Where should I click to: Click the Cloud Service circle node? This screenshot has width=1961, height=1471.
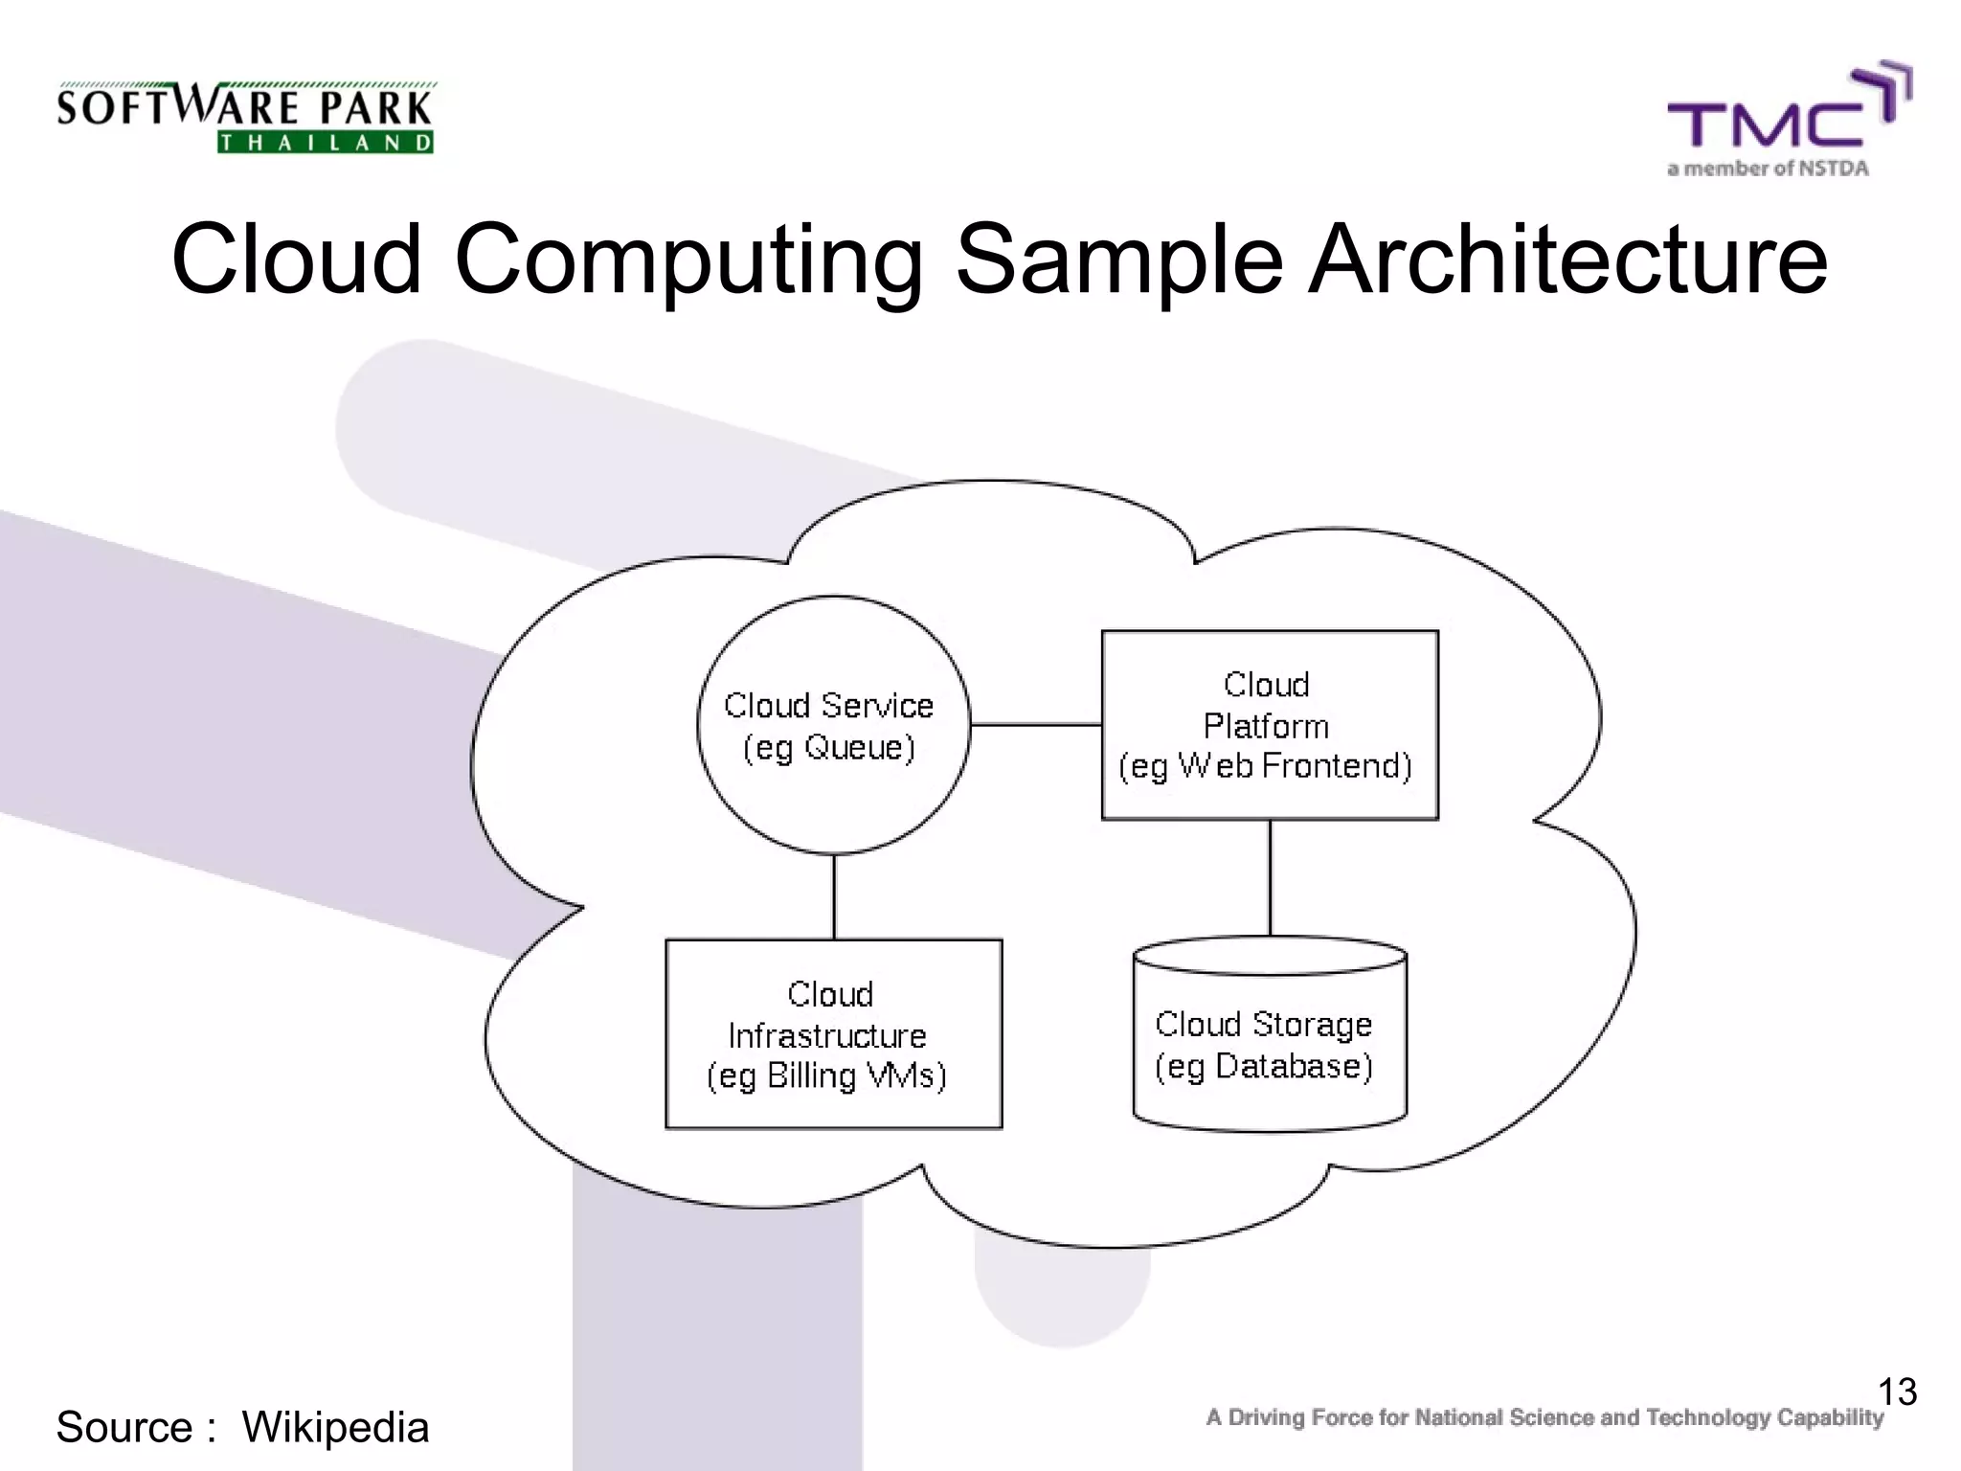[833, 670]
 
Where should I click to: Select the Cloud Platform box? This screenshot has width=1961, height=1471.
[1270, 661]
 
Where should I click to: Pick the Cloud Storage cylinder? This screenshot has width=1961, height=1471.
[1270, 1101]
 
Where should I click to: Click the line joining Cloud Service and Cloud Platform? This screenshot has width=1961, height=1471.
[1036, 725]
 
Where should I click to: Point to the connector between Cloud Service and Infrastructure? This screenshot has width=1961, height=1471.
[834, 896]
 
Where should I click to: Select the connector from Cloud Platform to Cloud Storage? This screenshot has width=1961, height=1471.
[1270, 877]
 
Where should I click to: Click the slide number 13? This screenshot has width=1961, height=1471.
[1897, 1392]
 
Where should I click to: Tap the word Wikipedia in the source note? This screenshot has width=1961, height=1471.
[335, 1427]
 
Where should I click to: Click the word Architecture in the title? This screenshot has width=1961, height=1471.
[1568, 260]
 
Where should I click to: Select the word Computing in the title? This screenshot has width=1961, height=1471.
[688, 260]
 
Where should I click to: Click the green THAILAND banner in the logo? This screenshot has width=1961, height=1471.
[326, 144]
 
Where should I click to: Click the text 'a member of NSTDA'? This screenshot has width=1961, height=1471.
[1768, 170]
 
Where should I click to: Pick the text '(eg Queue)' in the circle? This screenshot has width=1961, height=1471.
[829, 748]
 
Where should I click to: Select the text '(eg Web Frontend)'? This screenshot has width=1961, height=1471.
[1266, 766]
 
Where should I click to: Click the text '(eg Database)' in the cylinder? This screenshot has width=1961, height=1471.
[1264, 1066]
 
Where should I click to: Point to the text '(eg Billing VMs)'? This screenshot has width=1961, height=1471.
[826, 1075]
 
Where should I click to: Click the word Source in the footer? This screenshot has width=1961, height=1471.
[125, 1427]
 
